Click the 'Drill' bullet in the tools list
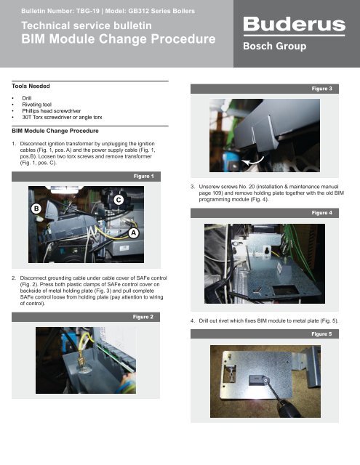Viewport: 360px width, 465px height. point(28,97)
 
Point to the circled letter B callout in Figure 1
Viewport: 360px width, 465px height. point(34,208)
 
